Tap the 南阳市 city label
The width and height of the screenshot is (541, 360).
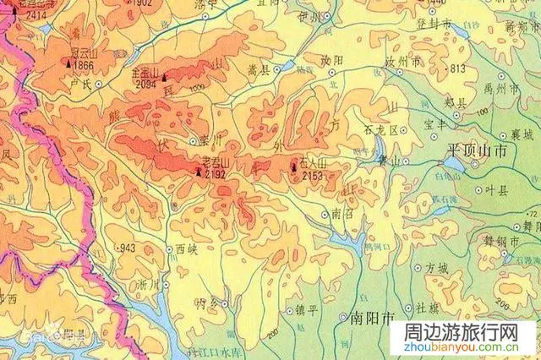point(372,320)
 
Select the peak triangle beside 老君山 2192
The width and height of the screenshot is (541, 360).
point(199,172)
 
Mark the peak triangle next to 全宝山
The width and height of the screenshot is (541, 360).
point(165,74)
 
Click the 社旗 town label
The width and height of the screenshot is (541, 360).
point(427,309)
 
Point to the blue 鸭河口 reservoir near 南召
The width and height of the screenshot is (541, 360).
point(347,243)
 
